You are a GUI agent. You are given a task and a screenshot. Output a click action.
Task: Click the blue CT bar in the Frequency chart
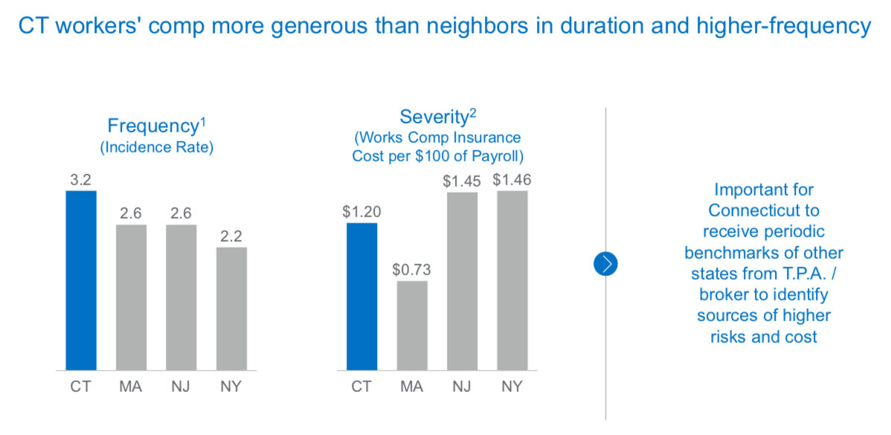(x=81, y=280)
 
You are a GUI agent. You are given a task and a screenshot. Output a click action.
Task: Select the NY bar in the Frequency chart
(x=231, y=309)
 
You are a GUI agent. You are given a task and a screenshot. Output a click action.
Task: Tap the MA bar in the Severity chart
(x=412, y=325)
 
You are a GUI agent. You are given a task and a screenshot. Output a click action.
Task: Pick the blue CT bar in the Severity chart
(x=361, y=296)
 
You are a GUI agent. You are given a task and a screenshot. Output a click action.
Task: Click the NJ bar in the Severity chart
(x=462, y=281)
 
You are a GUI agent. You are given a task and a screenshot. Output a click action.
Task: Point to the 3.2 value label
(x=81, y=179)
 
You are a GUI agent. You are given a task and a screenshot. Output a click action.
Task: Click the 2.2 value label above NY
(x=231, y=236)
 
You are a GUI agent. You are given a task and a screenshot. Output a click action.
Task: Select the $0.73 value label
(x=412, y=269)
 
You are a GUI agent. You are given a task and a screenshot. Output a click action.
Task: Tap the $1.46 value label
(x=512, y=179)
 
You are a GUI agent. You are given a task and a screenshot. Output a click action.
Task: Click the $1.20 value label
(x=361, y=211)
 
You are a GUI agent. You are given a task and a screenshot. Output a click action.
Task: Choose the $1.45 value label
(x=462, y=181)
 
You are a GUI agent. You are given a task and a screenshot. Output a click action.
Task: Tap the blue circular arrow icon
(x=606, y=263)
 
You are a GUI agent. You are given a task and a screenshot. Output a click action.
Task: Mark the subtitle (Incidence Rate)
(x=157, y=147)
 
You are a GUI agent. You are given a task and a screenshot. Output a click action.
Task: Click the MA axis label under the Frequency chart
(x=131, y=387)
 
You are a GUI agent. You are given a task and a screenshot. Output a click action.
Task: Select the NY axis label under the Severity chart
(x=512, y=387)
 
